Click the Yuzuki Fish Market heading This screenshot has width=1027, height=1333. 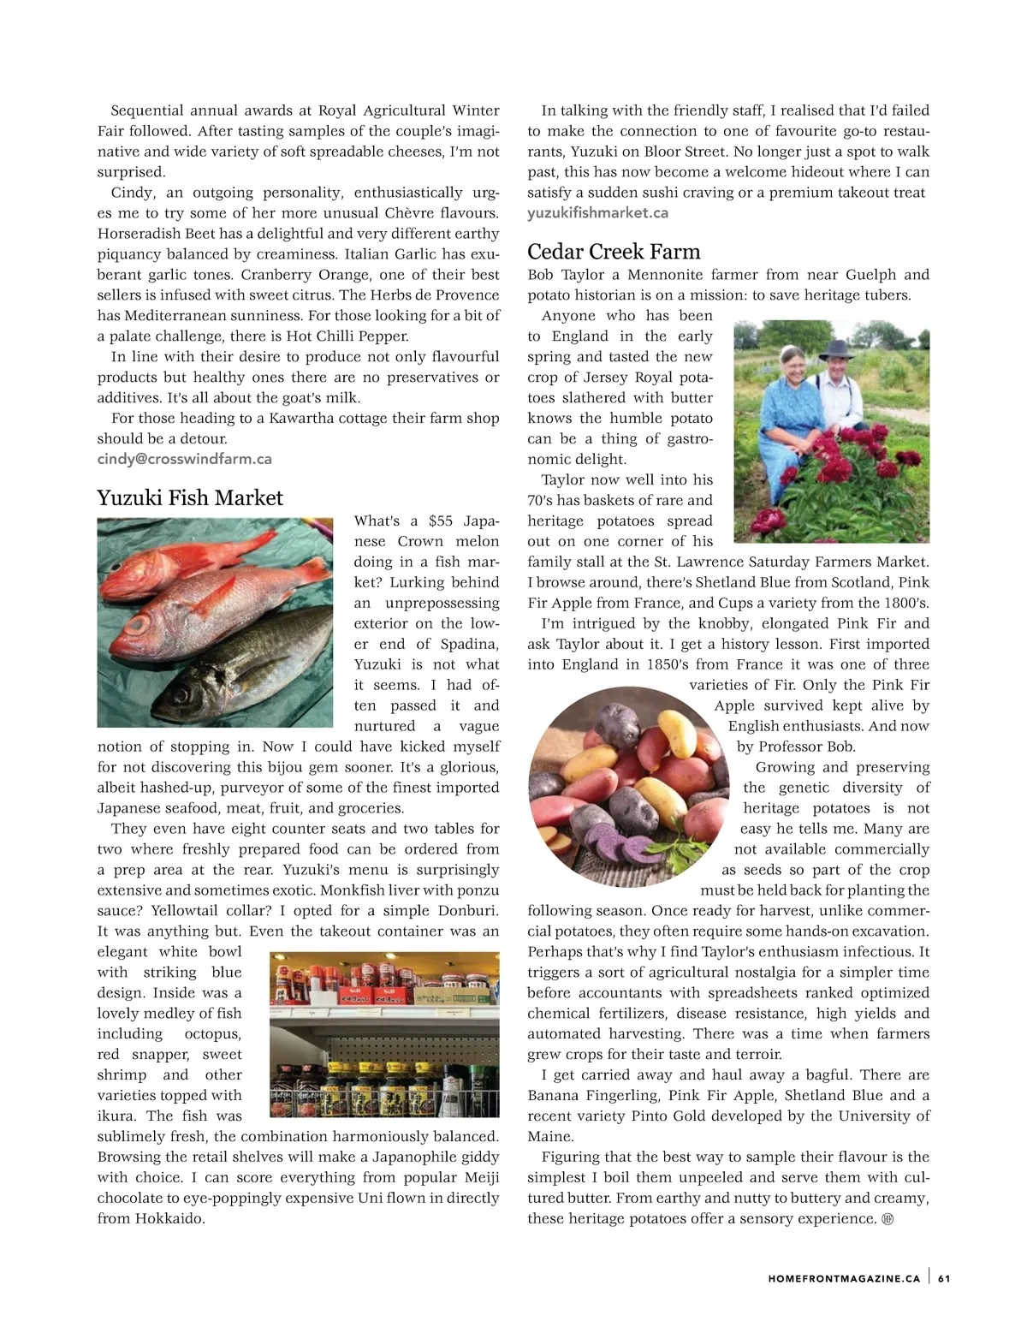coord(189,498)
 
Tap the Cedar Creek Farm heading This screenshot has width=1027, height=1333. coord(614,252)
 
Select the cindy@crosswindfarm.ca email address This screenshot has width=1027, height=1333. coord(184,459)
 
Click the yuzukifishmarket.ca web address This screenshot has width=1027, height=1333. coord(597,213)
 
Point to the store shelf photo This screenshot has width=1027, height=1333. coord(383,1034)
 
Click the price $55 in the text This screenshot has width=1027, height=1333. coord(441,521)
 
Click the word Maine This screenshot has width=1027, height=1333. coord(549,1137)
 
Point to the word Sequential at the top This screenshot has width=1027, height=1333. coord(147,110)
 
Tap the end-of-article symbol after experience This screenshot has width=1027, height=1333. coord(887,1219)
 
